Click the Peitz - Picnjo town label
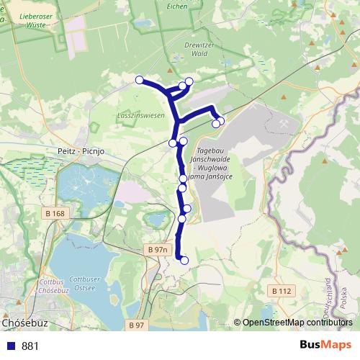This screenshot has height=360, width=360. point(80,152)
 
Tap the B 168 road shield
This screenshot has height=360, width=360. point(55,213)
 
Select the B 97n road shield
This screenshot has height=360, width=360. point(156,249)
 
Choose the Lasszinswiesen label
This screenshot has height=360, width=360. point(141,114)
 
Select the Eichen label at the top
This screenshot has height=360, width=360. point(176,6)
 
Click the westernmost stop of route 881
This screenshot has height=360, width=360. point(139,80)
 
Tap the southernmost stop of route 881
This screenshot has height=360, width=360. point(184,261)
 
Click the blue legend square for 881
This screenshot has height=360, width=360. point(9,346)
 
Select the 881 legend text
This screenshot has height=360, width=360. point(30,346)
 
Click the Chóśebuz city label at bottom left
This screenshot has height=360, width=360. point(25,323)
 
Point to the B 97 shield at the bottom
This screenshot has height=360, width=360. point(137,325)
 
